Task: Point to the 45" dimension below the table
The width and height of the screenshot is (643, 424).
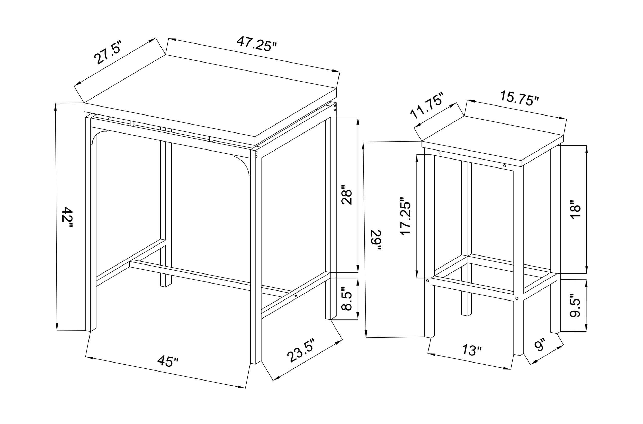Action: tap(168, 361)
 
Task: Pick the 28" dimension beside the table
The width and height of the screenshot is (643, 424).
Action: tap(346, 195)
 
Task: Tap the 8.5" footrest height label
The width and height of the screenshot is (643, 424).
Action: tap(346, 298)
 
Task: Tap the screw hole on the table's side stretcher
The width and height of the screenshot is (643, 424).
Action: tap(296, 296)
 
